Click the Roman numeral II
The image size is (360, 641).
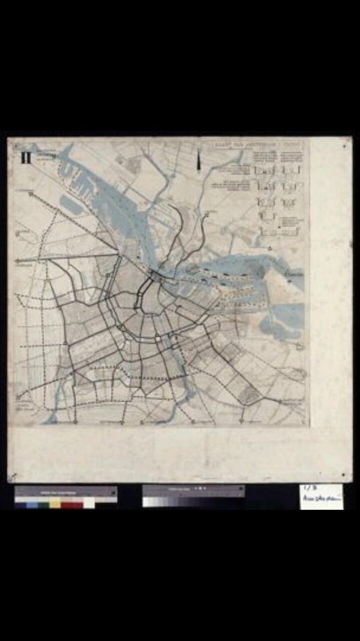(x=26, y=158)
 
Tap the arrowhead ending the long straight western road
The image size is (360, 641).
(x=18, y=260)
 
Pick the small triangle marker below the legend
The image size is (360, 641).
(x=270, y=247)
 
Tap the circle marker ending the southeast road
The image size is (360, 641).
(x=280, y=401)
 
